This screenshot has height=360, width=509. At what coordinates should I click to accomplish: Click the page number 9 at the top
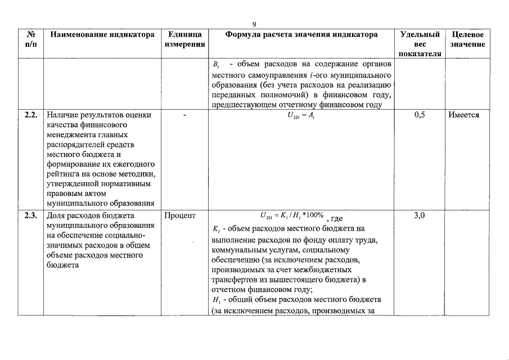pos(254,24)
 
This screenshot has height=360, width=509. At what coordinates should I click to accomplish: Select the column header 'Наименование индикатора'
pos(102,35)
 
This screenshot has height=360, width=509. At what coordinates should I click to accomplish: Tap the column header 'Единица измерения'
pos(184,39)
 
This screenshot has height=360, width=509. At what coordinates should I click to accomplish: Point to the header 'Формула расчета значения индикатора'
pos(301,35)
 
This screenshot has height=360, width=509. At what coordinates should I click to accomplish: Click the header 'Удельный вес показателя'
pos(420,44)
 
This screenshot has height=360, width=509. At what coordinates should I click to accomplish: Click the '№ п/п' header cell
pos(31,39)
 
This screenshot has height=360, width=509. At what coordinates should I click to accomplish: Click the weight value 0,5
pos(419,115)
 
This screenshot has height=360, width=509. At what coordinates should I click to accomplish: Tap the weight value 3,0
pos(419,215)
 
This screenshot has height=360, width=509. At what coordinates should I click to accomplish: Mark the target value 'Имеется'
pos(464,115)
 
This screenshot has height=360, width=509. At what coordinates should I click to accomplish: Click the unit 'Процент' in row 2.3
pos(180,215)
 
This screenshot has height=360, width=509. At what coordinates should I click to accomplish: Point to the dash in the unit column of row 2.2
pos(184,115)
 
